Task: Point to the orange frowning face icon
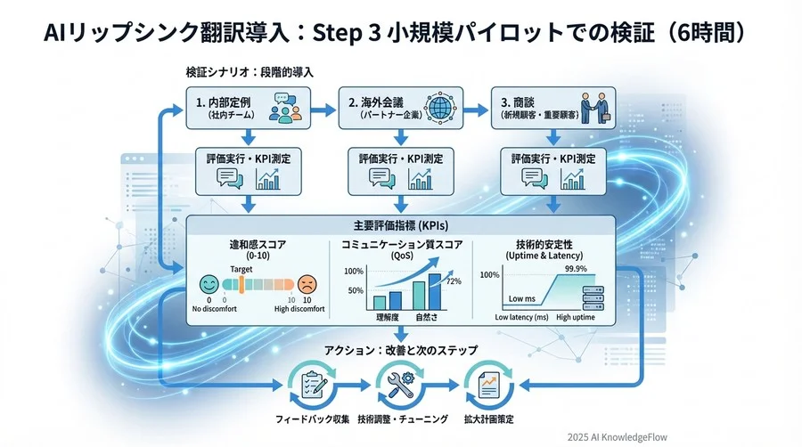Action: [307, 284]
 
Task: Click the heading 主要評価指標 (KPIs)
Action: [402, 225]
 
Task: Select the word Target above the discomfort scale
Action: [241, 267]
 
